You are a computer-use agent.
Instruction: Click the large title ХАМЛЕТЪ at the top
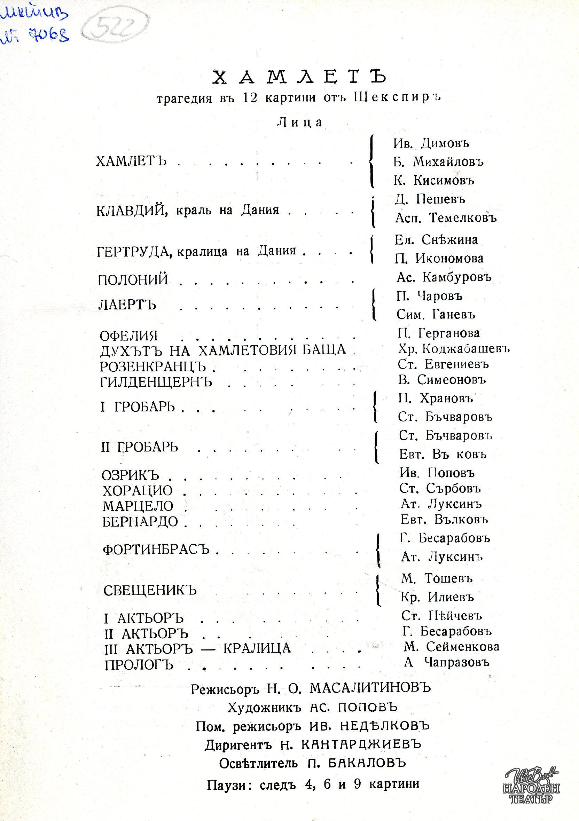point(300,77)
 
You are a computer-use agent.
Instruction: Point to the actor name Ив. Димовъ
point(431,143)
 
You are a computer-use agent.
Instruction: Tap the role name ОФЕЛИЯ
point(129,336)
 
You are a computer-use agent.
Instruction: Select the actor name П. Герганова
point(438,333)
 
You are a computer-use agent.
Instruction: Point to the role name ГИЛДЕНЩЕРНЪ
point(156,382)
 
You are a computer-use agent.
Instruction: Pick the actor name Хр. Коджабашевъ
point(454,348)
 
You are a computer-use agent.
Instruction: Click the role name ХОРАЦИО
point(137,491)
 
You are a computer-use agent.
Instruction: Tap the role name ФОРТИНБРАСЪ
point(156,550)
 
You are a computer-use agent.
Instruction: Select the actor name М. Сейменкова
point(451,647)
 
